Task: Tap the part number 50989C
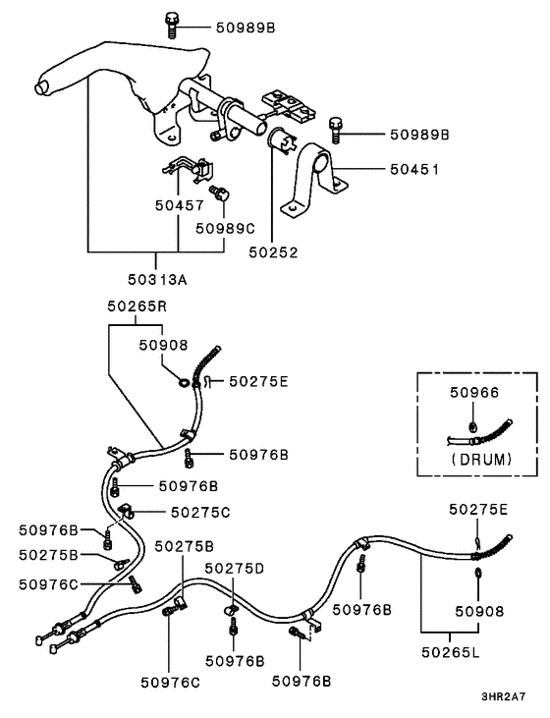click(x=225, y=227)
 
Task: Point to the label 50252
click(x=273, y=252)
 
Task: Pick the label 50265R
click(x=137, y=306)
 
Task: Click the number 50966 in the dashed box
click(x=474, y=393)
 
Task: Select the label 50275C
click(x=200, y=512)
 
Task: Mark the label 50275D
click(x=235, y=568)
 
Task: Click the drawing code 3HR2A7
click(x=504, y=697)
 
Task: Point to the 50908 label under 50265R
click(x=162, y=345)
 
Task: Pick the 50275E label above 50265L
click(x=478, y=509)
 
